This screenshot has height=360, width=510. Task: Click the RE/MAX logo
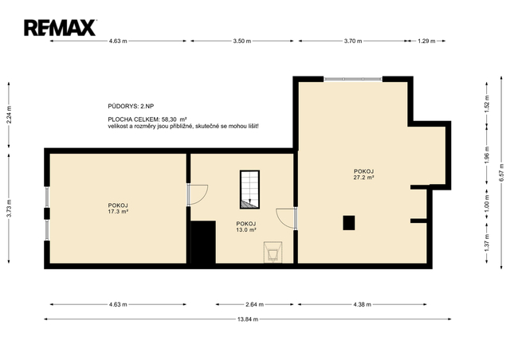click(x=61, y=28)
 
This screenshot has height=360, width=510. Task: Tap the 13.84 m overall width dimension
click(x=248, y=319)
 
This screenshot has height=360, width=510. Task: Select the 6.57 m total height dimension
click(x=501, y=172)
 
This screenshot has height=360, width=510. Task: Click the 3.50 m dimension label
click(x=242, y=41)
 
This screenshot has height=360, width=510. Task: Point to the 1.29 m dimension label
click(x=426, y=41)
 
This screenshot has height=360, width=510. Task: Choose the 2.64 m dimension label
click(x=254, y=305)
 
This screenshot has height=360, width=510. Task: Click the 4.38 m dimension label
click(x=362, y=305)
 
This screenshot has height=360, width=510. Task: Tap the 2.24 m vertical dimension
click(x=9, y=115)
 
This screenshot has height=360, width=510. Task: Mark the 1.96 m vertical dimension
click(x=487, y=155)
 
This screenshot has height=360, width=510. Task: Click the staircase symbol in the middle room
click(x=249, y=190)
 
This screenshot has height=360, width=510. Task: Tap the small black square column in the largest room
click(x=349, y=223)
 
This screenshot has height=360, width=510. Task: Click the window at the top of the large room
click(x=353, y=79)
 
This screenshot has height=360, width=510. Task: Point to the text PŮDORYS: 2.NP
click(x=131, y=107)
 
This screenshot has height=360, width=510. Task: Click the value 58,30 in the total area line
click(x=169, y=119)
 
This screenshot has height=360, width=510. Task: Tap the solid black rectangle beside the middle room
click(x=203, y=242)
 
